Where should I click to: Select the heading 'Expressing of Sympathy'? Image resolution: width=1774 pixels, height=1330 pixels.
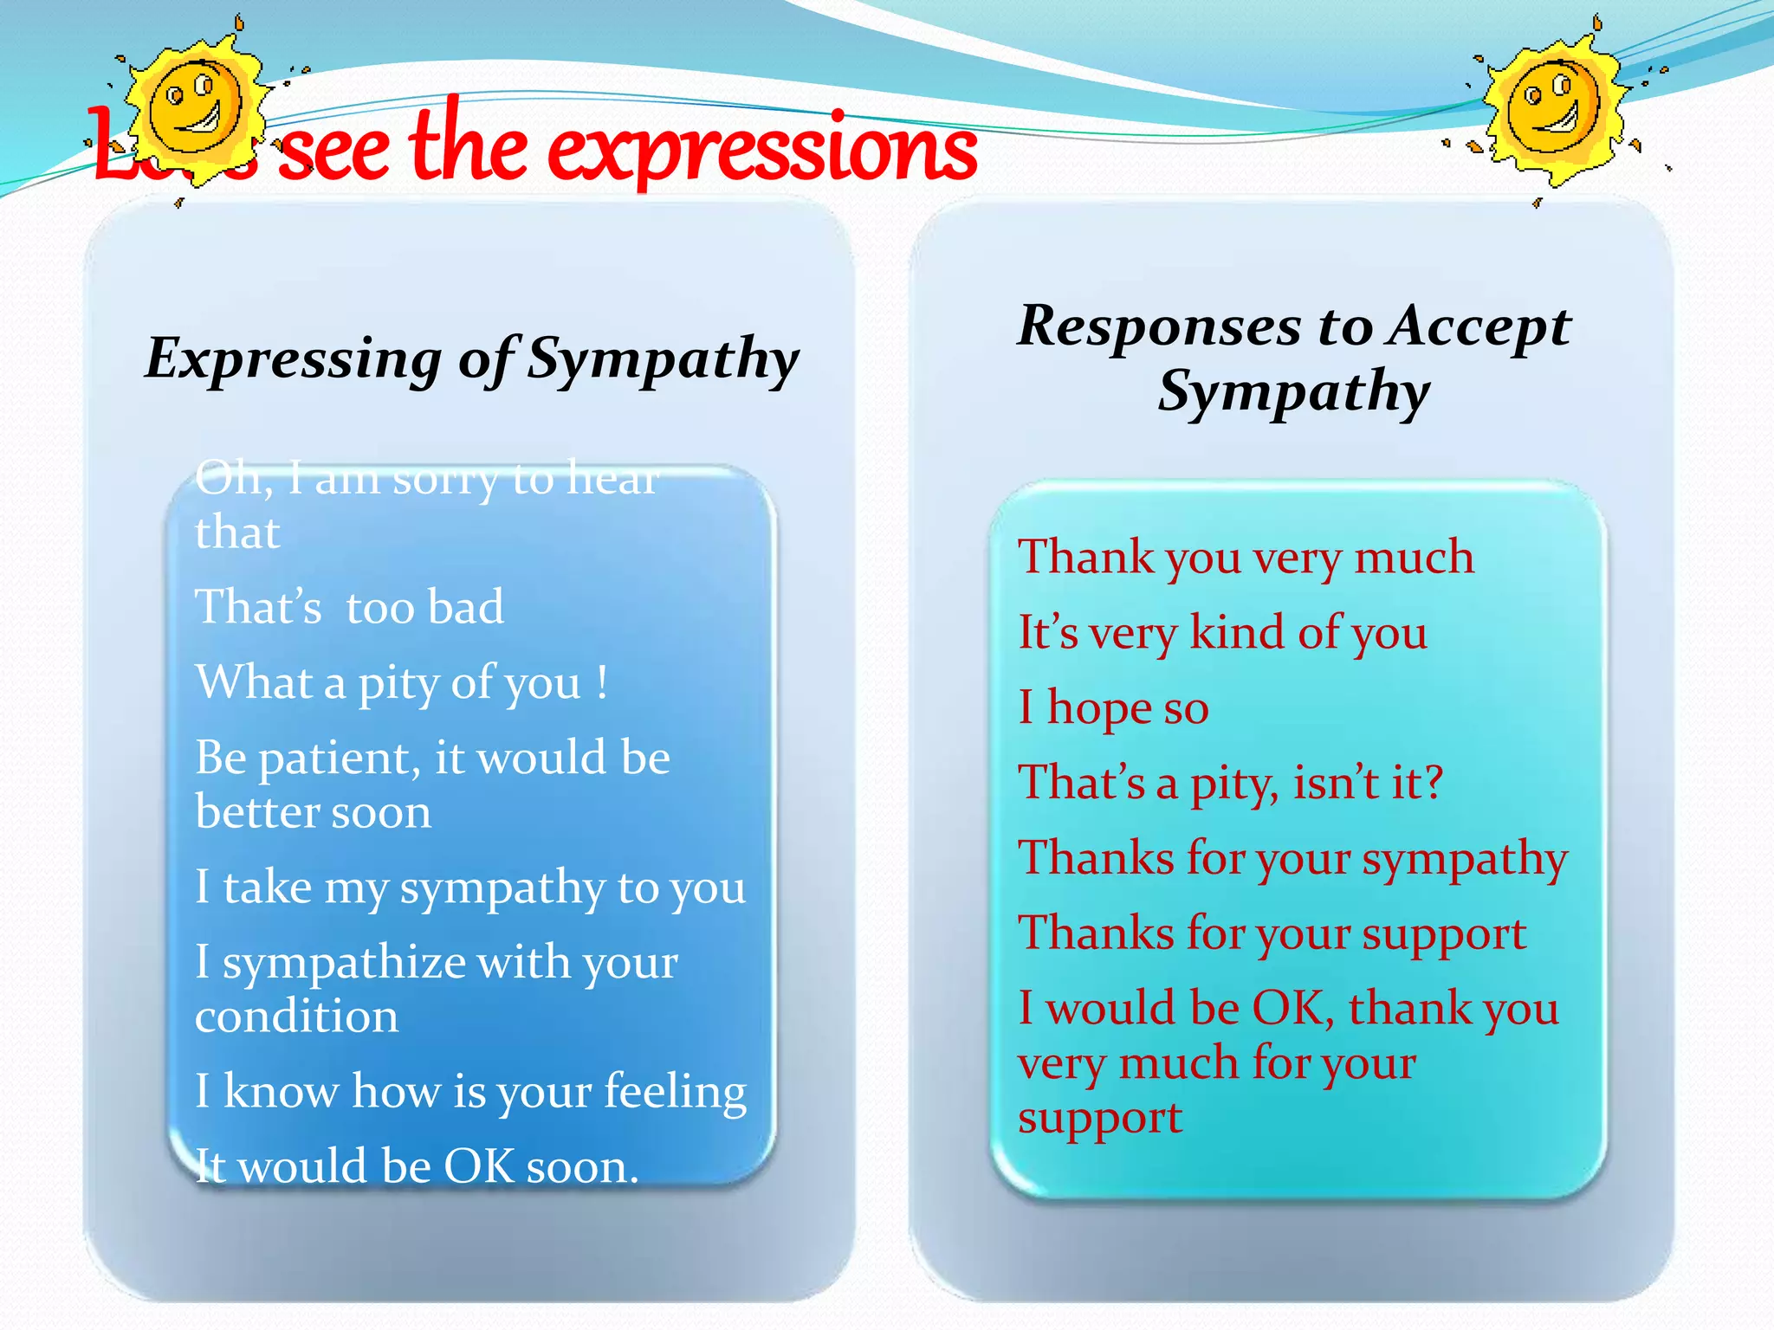(472, 358)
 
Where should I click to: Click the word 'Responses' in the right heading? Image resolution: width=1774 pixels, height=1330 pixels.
(1159, 326)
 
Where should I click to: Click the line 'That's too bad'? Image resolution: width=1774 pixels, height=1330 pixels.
(349, 606)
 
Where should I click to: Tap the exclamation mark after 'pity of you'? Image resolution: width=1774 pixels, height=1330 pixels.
(602, 681)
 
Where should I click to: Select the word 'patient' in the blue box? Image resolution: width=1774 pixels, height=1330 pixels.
(333, 759)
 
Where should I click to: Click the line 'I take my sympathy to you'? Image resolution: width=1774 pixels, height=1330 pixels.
(470, 888)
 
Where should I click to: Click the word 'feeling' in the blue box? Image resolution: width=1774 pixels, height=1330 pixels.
(675, 1091)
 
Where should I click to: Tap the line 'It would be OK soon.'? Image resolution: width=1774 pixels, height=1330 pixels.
(417, 1165)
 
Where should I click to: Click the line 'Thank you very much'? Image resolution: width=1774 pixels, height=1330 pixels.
(1246, 557)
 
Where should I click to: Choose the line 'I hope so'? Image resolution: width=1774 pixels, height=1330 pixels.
(1113, 708)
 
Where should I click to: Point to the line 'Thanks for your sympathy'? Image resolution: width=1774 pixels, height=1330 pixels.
(1292, 859)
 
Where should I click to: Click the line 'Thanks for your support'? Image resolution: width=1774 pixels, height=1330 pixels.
(1272, 934)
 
